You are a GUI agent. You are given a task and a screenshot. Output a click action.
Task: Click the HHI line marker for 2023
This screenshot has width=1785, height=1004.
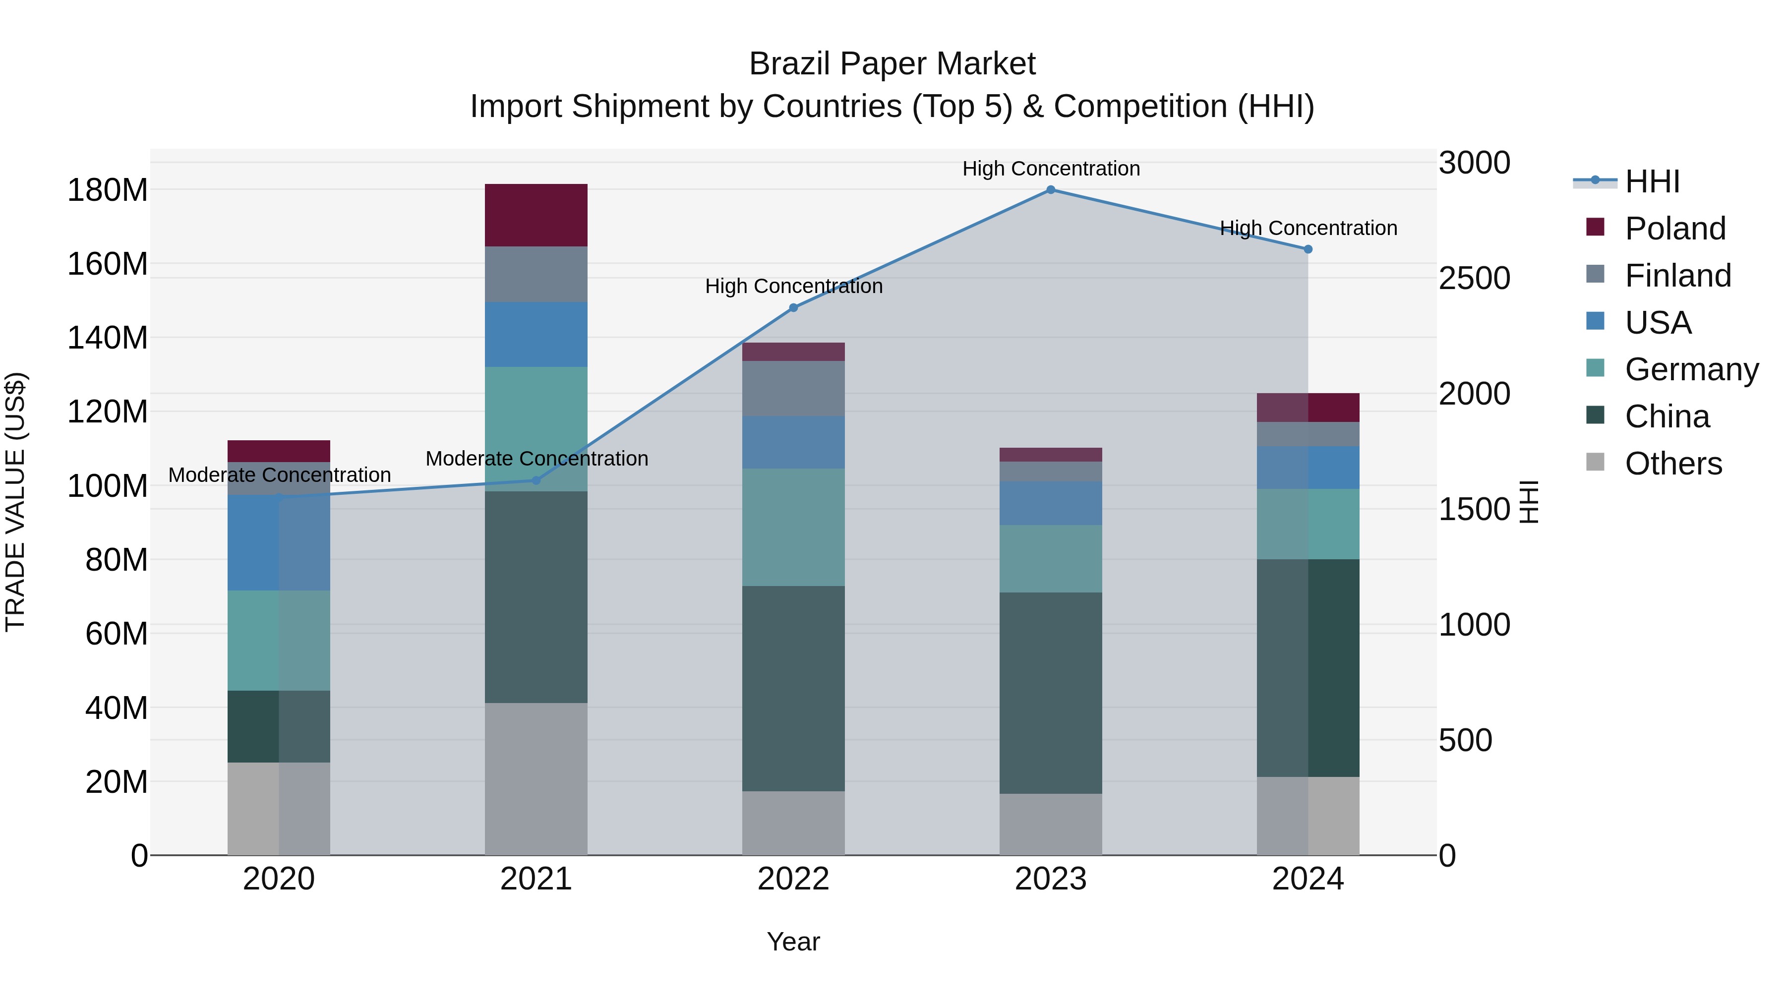[1051, 190]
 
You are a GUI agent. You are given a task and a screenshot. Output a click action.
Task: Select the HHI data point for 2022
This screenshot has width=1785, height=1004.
[793, 307]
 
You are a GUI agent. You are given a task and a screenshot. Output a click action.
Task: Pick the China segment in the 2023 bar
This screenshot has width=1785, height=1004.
[1051, 693]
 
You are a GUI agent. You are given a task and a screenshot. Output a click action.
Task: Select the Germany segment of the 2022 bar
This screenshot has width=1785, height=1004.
[793, 528]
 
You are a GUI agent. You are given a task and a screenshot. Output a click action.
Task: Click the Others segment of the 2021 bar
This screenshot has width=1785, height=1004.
[535, 779]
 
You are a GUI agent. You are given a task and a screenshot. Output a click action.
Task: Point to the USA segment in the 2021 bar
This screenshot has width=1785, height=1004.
[535, 334]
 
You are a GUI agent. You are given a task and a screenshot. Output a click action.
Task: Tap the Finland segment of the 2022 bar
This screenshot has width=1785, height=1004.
[793, 388]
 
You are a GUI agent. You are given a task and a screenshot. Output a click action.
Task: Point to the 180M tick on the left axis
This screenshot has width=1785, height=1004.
[108, 190]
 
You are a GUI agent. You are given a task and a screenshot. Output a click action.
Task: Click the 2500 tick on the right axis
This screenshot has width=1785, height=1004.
[1474, 279]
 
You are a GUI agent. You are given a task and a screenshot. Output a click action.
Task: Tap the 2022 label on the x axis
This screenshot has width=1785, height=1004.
[793, 879]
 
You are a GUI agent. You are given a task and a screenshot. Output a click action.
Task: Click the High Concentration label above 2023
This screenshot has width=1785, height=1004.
[1051, 169]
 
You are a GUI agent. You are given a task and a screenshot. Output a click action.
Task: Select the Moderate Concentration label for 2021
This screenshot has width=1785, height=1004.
[536, 459]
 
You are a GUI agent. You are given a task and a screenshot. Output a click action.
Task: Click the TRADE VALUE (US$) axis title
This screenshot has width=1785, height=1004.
[15, 502]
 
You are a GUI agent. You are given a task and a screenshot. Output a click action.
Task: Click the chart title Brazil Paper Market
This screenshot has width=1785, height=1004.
[892, 64]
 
